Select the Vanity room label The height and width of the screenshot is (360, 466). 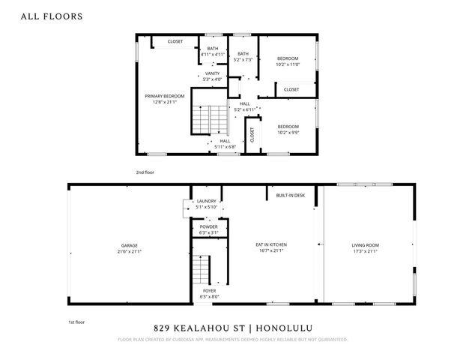(213, 76)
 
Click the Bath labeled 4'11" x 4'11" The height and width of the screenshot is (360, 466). (213, 52)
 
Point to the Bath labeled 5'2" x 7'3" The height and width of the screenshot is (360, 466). (243, 56)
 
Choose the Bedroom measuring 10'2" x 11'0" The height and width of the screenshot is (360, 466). (288, 61)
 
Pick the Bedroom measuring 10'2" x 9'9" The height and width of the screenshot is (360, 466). (288, 129)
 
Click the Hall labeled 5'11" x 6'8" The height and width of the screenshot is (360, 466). (225, 143)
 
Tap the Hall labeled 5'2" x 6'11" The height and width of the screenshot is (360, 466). (245, 107)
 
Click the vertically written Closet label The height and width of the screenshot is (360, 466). (252, 135)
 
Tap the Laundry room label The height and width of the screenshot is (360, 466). (206, 204)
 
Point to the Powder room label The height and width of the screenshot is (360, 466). (208, 229)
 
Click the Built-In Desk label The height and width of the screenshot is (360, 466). (290, 195)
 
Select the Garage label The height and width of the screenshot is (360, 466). (130, 247)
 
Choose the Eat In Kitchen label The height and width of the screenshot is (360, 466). (271, 247)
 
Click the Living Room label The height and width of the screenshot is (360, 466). (366, 247)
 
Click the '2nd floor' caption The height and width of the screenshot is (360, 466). (145, 172)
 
